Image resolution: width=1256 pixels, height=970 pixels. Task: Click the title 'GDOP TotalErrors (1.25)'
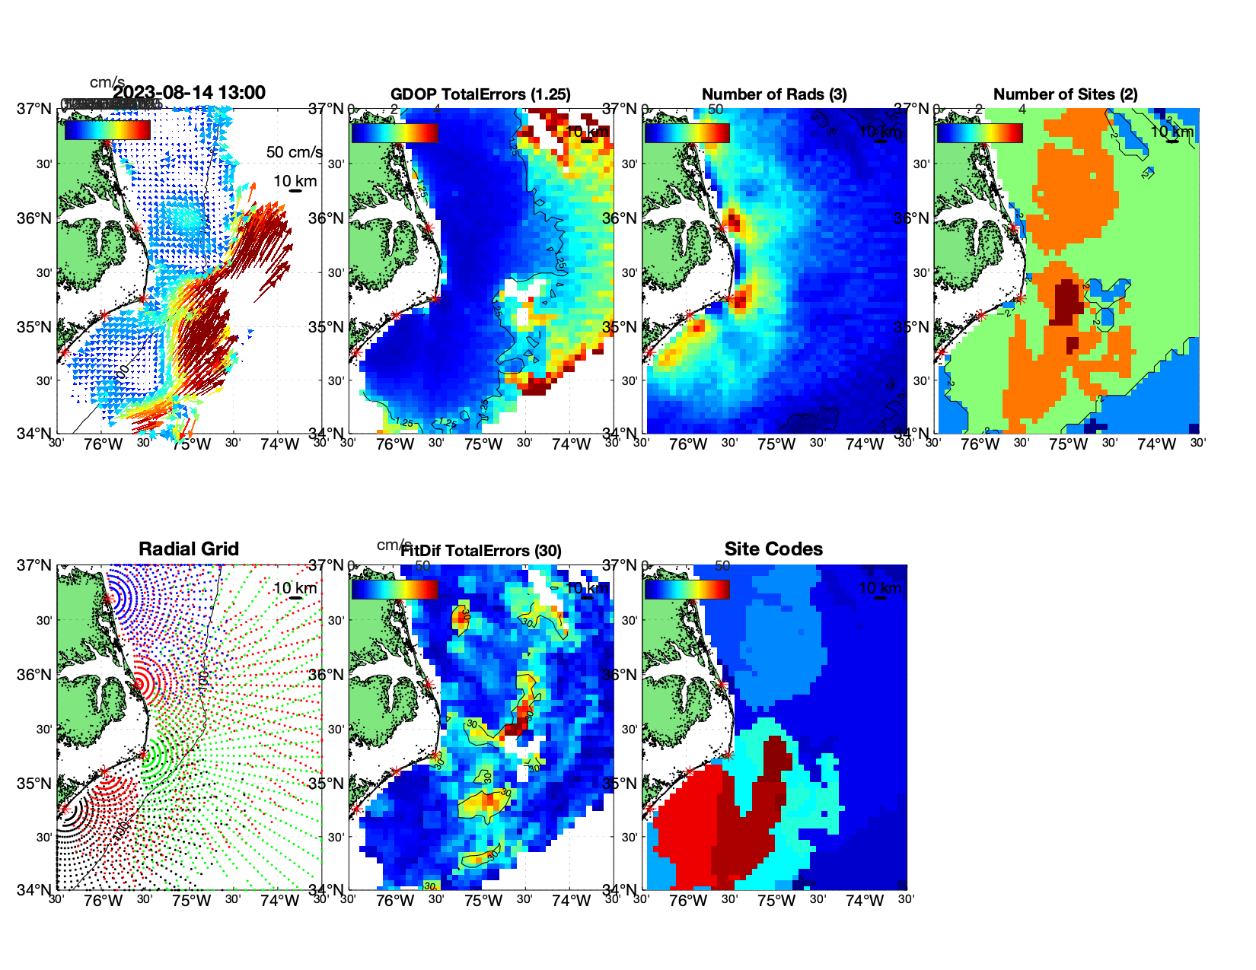[x=480, y=94]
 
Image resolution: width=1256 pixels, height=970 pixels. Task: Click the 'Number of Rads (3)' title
[x=774, y=94]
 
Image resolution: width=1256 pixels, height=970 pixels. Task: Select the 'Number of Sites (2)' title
[x=1065, y=94]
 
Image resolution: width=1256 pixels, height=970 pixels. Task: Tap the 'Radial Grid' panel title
[x=189, y=549]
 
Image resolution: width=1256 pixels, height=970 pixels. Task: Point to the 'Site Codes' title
[x=773, y=549]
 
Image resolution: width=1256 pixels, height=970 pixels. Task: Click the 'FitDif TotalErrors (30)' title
[x=481, y=551]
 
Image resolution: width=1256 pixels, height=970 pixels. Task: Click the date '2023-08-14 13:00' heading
[x=189, y=93]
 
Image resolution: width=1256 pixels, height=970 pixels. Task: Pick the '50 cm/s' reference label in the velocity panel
[x=294, y=152]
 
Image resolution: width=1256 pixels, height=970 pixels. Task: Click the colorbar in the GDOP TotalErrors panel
[x=394, y=132]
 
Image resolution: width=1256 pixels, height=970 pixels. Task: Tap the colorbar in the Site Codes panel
[x=687, y=589]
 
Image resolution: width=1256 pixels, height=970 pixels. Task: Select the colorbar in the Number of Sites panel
[x=979, y=132]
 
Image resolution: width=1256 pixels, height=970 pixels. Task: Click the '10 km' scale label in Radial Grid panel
[x=295, y=588]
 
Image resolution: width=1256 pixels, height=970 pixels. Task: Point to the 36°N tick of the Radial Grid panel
[x=35, y=675]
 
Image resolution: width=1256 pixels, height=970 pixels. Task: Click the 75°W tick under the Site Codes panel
[x=776, y=902]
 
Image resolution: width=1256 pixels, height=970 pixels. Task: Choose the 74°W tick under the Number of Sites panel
[x=1156, y=445]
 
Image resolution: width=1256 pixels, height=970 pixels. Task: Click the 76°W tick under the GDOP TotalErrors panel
[x=395, y=445]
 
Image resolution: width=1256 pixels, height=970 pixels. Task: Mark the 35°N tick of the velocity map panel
[x=35, y=327]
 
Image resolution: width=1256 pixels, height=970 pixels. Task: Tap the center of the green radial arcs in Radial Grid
[x=143, y=755]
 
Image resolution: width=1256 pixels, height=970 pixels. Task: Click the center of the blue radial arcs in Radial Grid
[x=108, y=598]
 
